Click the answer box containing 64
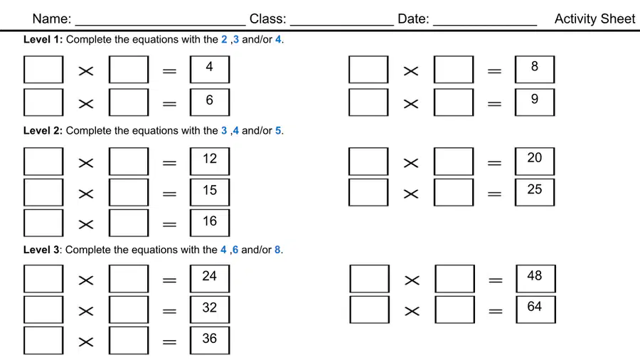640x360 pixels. pyautogui.click(x=535, y=309)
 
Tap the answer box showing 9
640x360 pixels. pyautogui.click(x=535, y=102)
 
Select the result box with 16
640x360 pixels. pyautogui.click(x=210, y=223)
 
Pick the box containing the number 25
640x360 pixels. pyautogui.click(x=535, y=192)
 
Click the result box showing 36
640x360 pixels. pyautogui.click(x=210, y=340)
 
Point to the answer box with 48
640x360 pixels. pyautogui.click(x=535, y=279)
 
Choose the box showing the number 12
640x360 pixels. pyautogui.click(x=210, y=162)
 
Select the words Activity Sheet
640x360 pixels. pyautogui.click(x=594, y=18)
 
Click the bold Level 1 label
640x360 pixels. pyautogui.click(x=43, y=40)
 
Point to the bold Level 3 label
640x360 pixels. pyautogui.click(x=41, y=250)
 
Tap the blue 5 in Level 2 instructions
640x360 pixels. pyautogui.click(x=278, y=131)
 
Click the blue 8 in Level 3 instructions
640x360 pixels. pyautogui.click(x=277, y=250)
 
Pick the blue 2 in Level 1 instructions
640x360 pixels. pyautogui.click(x=224, y=40)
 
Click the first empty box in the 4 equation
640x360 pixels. pyautogui.click(x=43, y=70)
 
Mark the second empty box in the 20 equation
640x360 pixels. pyautogui.click(x=454, y=162)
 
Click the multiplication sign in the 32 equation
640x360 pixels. pyautogui.click(x=86, y=311)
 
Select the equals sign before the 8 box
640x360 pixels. pyautogui.click(x=495, y=71)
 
